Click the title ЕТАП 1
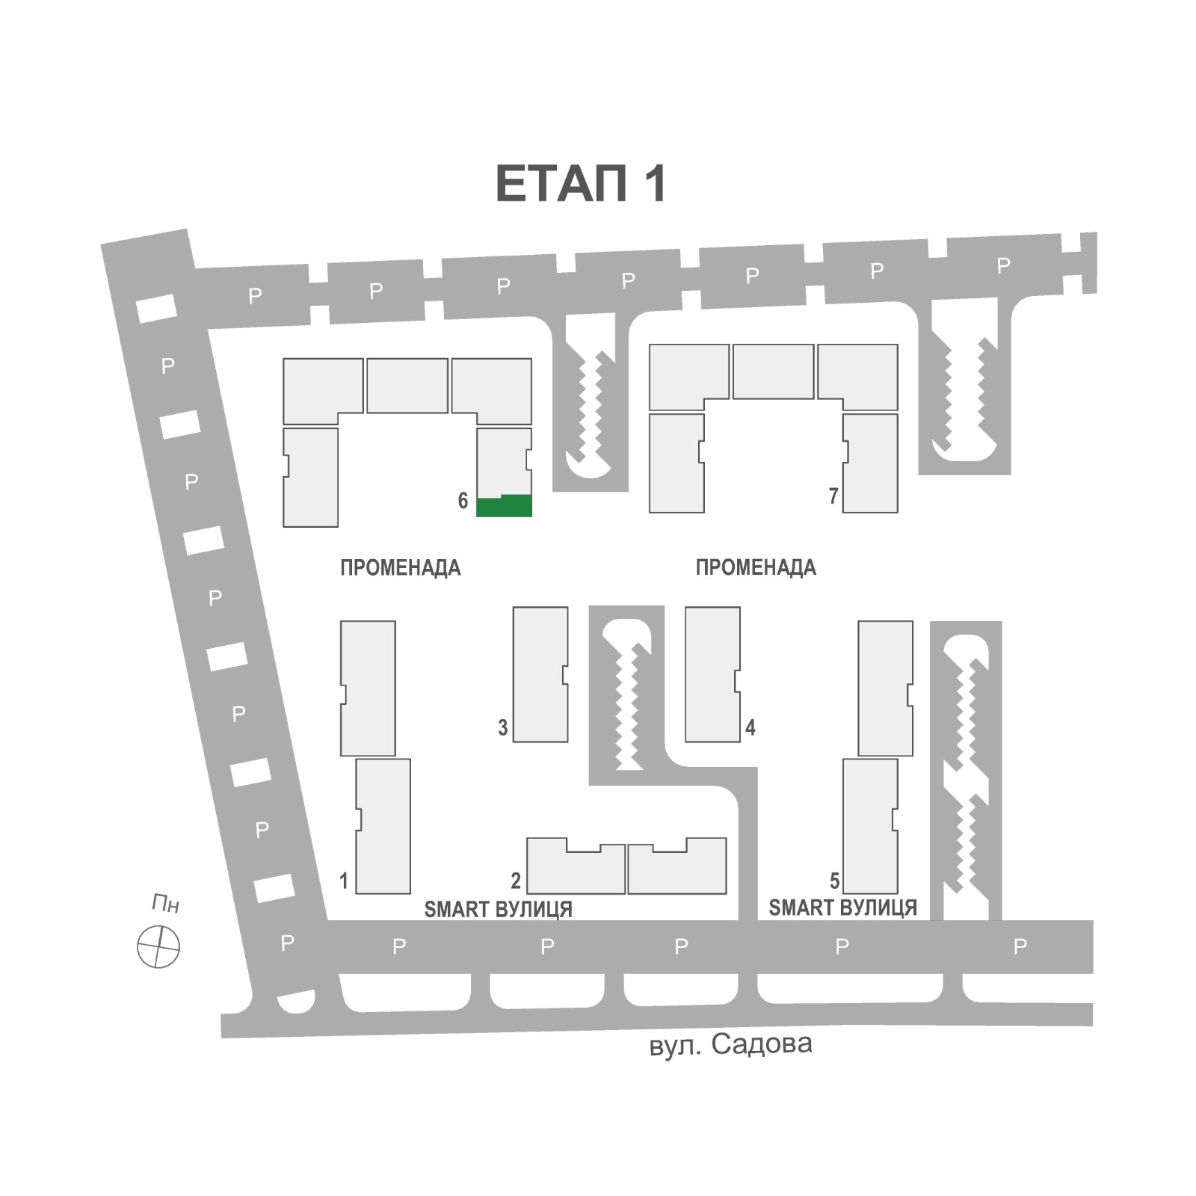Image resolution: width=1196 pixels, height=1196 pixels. pyautogui.click(x=581, y=184)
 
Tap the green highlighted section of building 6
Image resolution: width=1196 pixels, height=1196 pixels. pyautogui.click(x=505, y=506)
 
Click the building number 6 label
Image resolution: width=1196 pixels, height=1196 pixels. pyautogui.click(x=463, y=501)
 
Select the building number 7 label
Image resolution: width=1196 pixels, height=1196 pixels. pyautogui.click(x=833, y=496)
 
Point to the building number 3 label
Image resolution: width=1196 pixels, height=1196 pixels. pyautogui.click(x=503, y=727)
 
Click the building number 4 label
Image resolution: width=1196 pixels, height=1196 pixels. pyautogui.click(x=750, y=727)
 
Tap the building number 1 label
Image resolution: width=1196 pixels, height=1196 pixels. pyautogui.click(x=344, y=881)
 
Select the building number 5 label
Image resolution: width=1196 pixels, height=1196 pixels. pyautogui.click(x=835, y=881)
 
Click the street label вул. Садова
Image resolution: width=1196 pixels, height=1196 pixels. pyautogui.click(x=731, y=1044)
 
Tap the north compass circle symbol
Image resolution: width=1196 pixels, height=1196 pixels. pyautogui.click(x=158, y=946)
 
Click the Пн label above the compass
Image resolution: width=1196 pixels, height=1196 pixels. pyautogui.click(x=166, y=904)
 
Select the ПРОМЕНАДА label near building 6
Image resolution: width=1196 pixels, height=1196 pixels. pyautogui.click(x=401, y=568)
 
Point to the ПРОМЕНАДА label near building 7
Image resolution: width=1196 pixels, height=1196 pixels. pyautogui.click(x=756, y=567)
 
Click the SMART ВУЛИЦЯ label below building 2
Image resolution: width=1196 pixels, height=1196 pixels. pyautogui.click(x=499, y=910)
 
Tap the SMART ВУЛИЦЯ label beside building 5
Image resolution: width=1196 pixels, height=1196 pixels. pyautogui.click(x=843, y=907)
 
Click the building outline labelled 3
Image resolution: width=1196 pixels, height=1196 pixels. pyautogui.click(x=540, y=674)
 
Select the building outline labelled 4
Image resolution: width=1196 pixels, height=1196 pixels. pyautogui.click(x=712, y=674)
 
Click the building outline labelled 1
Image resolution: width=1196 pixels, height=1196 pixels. pyautogui.click(x=383, y=826)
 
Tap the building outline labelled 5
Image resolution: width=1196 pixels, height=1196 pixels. pyautogui.click(x=870, y=826)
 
